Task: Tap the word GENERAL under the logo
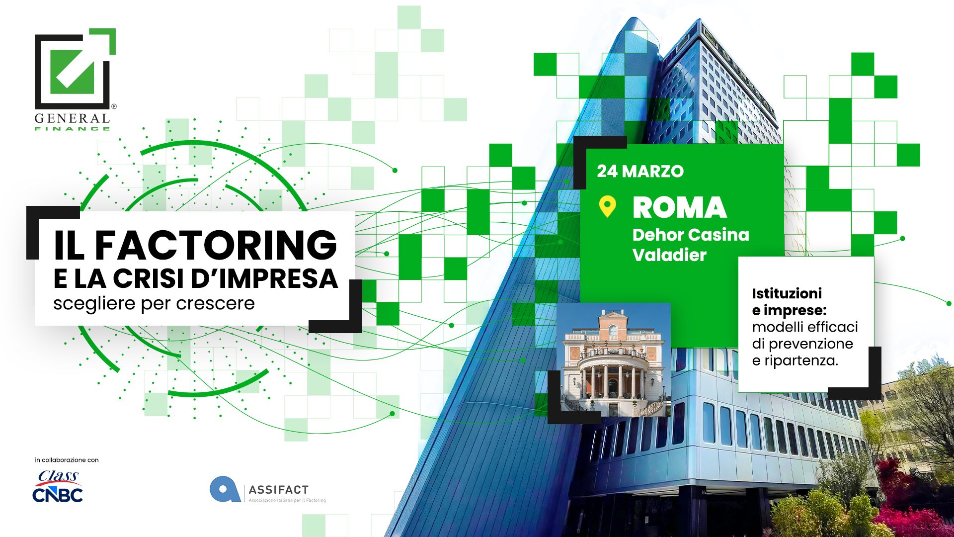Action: (72, 118)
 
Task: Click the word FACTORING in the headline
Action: (216, 245)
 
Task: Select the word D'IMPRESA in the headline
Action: (264, 278)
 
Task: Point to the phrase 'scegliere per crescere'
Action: (154, 303)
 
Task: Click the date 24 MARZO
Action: (640, 171)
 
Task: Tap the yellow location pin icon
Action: (607, 206)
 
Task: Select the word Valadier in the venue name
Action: (669, 255)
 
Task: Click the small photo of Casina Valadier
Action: (614, 359)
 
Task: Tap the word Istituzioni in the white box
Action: (787, 293)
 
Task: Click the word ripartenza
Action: (801, 360)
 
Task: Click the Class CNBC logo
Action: (58, 486)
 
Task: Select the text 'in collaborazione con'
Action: (67, 460)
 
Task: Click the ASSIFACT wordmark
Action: (279, 490)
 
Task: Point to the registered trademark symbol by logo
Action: (114, 106)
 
